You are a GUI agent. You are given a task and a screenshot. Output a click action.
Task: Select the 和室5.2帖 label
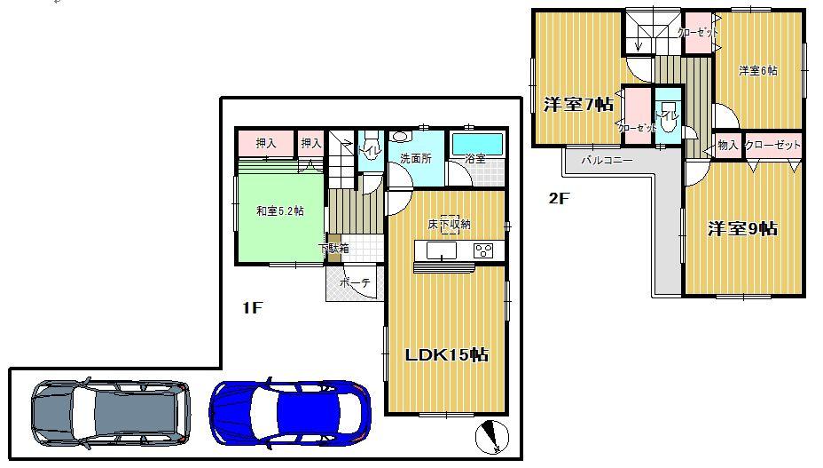pyautogui.click(x=280, y=211)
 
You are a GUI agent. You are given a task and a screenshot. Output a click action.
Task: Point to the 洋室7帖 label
pyautogui.click(x=578, y=105)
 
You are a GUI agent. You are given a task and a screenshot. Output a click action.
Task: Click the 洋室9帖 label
pyautogui.click(x=742, y=229)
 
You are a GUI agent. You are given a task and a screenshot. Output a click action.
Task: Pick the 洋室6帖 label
pyautogui.click(x=758, y=71)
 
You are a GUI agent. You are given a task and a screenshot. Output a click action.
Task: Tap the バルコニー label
pyautogui.click(x=607, y=162)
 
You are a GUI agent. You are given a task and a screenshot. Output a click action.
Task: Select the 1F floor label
pyautogui.click(x=254, y=308)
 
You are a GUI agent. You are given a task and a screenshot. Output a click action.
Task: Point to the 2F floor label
pyautogui.click(x=558, y=199)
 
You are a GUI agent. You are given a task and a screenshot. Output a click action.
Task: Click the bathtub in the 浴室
pyautogui.click(x=477, y=143)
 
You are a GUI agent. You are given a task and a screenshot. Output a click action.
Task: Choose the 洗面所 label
pyautogui.click(x=415, y=160)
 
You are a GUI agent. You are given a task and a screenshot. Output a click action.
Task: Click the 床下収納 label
pyautogui.click(x=450, y=225)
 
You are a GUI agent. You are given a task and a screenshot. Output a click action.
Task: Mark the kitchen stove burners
pyautogui.click(x=483, y=250)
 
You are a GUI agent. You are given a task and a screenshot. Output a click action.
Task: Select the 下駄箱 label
pyautogui.click(x=334, y=248)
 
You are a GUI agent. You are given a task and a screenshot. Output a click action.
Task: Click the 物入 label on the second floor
pyautogui.click(x=728, y=145)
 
